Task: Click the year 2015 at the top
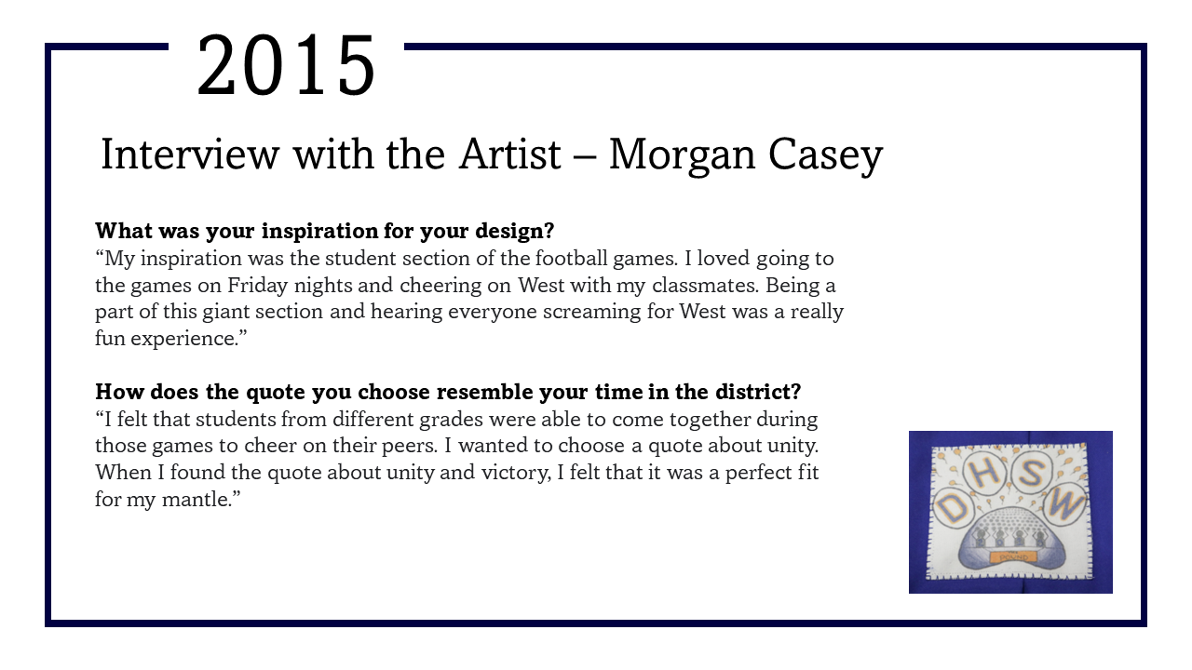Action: coord(286,66)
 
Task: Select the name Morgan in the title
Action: coord(682,156)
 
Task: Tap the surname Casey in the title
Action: coord(825,156)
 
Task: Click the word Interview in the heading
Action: coord(190,154)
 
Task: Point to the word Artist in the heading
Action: coord(509,154)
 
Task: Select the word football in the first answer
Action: coord(571,259)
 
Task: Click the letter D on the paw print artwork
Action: coord(953,508)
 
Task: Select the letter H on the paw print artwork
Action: coord(986,473)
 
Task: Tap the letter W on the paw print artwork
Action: coord(1066,505)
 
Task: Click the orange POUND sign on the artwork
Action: coord(1013,557)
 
